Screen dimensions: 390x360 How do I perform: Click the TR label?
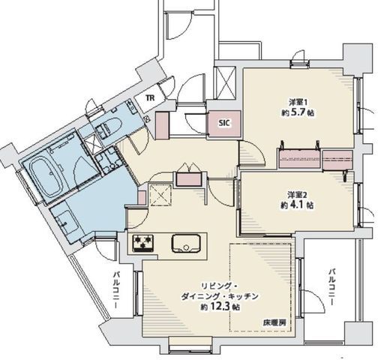coord(150,98)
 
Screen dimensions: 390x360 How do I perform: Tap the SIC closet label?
coord(224,123)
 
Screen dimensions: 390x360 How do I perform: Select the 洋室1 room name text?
coord(298,102)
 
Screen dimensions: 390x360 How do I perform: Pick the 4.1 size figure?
coord(297,205)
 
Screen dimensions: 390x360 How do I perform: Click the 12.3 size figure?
coord(221,307)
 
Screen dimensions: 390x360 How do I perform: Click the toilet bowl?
coord(112,125)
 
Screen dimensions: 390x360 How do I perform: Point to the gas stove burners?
coord(142,243)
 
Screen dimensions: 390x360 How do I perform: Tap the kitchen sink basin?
coord(186,243)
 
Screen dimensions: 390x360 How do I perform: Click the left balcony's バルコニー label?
coord(116,289)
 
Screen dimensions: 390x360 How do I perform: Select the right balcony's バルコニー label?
coord(331,286)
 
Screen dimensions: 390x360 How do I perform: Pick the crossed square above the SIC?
coord(226,82)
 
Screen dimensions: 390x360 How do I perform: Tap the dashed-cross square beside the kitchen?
coord(160,195)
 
